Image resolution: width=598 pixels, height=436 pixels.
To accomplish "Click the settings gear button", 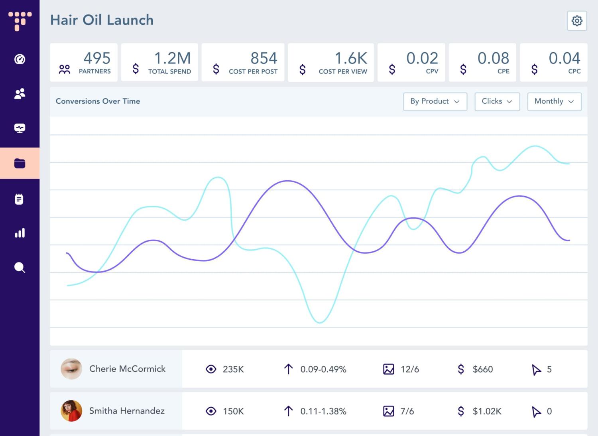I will tap(577, 21).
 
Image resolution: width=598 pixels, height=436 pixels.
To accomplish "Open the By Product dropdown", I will tap(435, 101).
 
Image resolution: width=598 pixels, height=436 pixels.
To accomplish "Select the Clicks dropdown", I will tap(497, 101).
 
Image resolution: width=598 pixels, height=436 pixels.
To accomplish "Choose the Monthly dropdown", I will tap(554, 101).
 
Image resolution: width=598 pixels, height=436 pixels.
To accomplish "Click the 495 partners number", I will tap(97, 58).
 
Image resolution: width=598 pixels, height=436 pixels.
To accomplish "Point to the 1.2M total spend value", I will tap(172, 58).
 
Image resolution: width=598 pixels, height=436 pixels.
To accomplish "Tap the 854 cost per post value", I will tap(264, 58).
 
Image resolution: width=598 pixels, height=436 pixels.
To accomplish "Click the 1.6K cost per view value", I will tap(350, 58).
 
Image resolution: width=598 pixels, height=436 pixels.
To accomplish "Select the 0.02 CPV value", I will tap(422, 58).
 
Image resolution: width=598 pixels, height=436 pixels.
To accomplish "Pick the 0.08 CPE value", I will tap(493, 58).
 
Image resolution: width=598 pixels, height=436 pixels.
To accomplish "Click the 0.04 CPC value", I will tap(564, 58).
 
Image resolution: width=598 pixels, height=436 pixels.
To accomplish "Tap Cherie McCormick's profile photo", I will tap(71, 369).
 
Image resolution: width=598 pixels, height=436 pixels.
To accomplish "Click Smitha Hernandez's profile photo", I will tap(71, 411).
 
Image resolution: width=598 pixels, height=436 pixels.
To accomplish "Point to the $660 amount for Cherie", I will tap(482, 369).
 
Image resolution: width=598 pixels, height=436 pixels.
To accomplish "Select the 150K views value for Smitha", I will tap(233, 411).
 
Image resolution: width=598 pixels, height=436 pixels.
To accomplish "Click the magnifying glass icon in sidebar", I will tap(20, 267).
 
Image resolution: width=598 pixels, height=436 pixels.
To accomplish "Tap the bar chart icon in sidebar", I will tap(20, 233).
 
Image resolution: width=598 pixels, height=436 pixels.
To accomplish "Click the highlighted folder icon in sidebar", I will tap(20, 163).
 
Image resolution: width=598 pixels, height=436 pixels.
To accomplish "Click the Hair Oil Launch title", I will tap(102, 20).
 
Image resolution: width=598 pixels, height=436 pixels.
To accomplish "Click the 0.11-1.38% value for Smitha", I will tap(323, 411).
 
